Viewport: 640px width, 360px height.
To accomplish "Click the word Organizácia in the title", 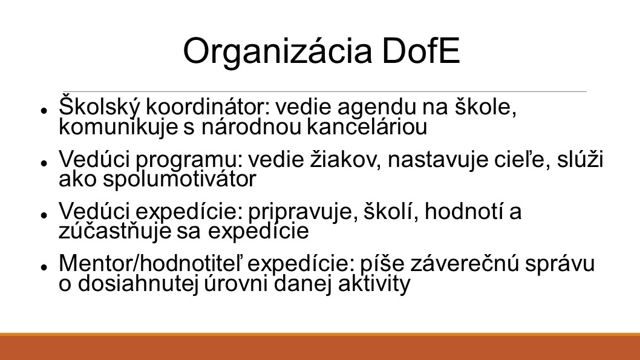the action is click(278, 52).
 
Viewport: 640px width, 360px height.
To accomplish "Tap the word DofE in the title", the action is click(421, 51).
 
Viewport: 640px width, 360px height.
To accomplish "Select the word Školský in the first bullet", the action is click(99, 107).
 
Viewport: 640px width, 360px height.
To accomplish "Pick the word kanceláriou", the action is click(367, 126).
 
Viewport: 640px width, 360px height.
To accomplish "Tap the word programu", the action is click(189, 160).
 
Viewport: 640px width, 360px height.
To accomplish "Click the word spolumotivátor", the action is click(179, 178).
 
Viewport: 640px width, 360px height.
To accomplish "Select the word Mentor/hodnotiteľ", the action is click(151, 263).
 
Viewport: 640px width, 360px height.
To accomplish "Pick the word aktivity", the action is click(374, 284).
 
